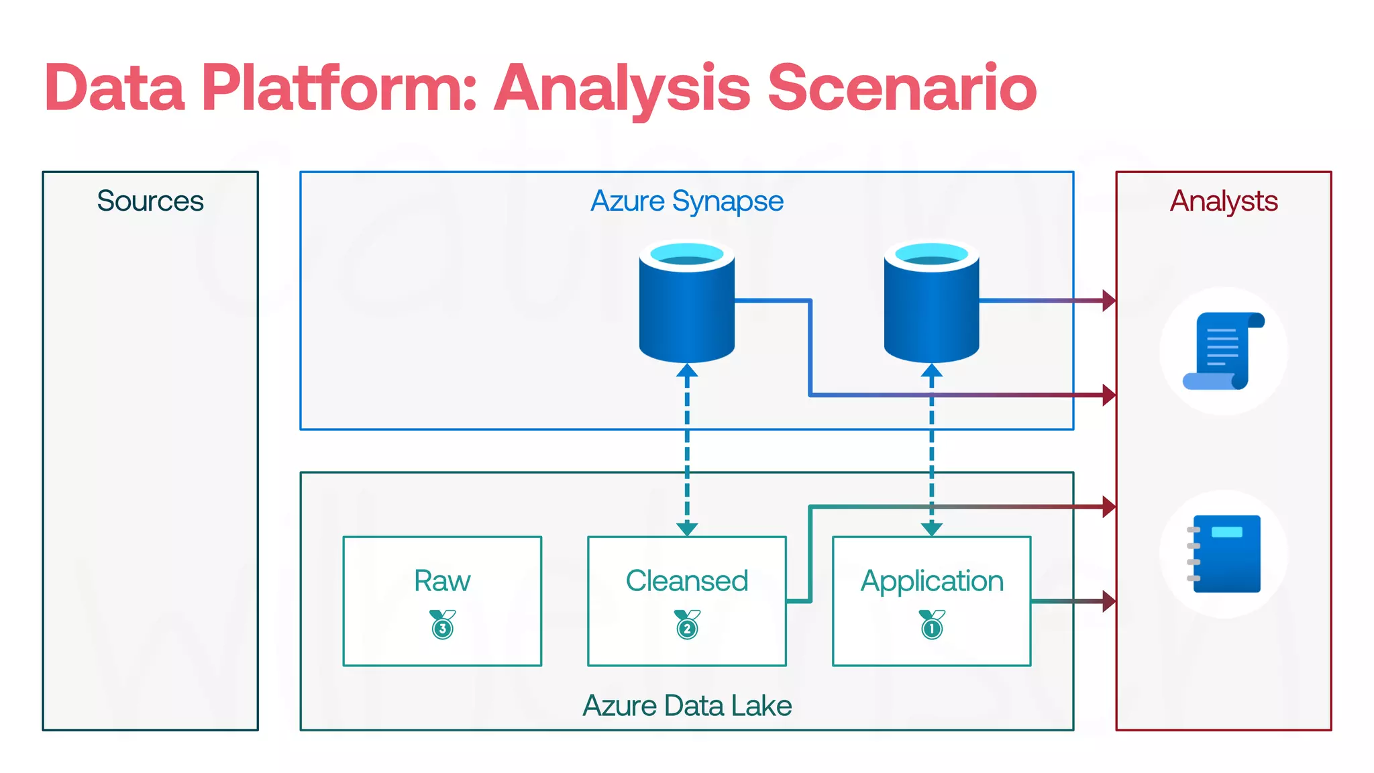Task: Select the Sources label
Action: pyautogui.click(x=150, y=201)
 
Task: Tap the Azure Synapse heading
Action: pyautogui.click(x=687, y=201)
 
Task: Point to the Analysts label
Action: pyautogui.click(x=1224, y=201)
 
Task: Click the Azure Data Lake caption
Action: pyautogui.click(x=687, y=706)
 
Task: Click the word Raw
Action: pyautogui.click(x=442, y=581)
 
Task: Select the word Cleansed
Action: pyautogui.click(x=687, y=581)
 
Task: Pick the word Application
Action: pyautogui.click(x=932, y=581)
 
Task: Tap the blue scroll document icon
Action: pyautogui.click(x=1223, y=351)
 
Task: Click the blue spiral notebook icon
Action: pyautogui.click(x=1224, y=554)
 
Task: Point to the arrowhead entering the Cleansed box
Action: pyautogui.click(x=687, y=529)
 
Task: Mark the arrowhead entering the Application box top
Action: pyautogui.click(x=932, y=529)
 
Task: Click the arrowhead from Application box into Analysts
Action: pyautogui.click(x=1109, y=601)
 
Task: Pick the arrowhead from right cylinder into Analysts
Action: pyautogui.click(x=1109, y=301)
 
